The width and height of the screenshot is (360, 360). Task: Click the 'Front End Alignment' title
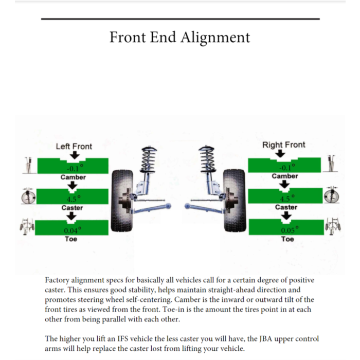tap(180, 38)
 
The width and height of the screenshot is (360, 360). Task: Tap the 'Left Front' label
tap(74, 147)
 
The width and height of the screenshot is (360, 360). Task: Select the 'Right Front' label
tap(284, 145)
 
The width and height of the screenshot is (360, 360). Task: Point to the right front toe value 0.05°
tap(290, 229)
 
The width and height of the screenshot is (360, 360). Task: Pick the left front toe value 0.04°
tap(73, 230)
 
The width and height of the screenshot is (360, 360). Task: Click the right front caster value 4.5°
tap(287, 199)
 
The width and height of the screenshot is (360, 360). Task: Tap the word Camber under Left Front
tap(73, 177)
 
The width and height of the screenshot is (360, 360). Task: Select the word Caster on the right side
tap(286, 207)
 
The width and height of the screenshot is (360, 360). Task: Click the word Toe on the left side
tap(71, 239)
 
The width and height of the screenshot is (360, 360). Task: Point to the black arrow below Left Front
tap(75, 155)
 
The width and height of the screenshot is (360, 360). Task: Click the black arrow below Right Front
tap(280, 153)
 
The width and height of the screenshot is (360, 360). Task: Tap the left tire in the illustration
tap(122, 201)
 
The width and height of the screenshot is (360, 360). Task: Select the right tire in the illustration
tap(235, 201)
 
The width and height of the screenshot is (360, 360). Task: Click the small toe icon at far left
tap(27, 227)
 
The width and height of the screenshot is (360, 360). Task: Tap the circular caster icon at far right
tap(332, 195)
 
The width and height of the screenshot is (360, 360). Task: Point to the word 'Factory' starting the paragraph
tap(57, 280)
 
